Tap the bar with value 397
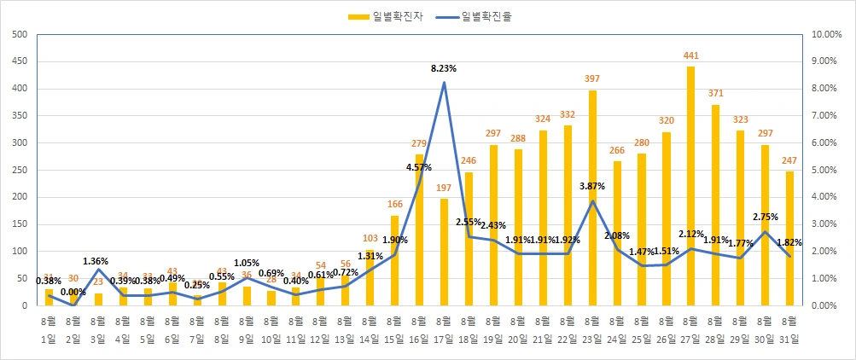(591, 197)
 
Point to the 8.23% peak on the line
(444, 83)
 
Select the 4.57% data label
(417, 167)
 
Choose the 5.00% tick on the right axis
(826, 170)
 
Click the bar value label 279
(419, 144)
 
